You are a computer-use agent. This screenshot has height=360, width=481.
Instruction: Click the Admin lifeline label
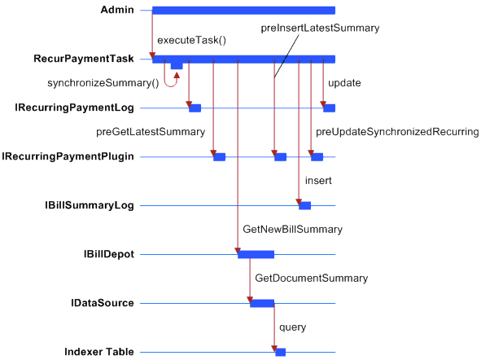117,10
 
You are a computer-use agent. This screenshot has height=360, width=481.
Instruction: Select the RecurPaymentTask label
84,59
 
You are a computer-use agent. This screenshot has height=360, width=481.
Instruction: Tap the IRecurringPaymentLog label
74,108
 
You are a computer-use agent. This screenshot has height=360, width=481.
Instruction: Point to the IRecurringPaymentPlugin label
68,156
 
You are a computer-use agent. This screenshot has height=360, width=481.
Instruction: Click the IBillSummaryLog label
90,205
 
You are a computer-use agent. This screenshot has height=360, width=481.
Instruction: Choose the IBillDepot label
109,254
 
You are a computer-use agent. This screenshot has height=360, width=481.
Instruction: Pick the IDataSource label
103,303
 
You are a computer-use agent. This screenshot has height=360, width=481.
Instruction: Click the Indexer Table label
99,352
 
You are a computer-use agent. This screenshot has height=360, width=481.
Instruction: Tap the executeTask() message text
192,40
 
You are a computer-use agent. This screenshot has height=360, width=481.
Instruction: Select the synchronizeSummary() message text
103,83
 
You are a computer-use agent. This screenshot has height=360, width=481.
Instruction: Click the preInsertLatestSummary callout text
320,29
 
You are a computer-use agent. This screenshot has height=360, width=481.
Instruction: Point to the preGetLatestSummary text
151,132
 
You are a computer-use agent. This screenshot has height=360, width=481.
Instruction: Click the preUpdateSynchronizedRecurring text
397,132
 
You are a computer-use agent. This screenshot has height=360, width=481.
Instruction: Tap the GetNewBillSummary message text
292,230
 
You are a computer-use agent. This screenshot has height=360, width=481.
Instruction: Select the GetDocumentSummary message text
312,279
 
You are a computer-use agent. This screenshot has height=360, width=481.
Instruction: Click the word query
292,327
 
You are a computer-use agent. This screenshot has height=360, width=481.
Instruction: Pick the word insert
318,181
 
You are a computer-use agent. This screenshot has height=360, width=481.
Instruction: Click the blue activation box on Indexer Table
280,352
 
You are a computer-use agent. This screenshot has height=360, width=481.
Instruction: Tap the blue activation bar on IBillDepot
256,254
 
